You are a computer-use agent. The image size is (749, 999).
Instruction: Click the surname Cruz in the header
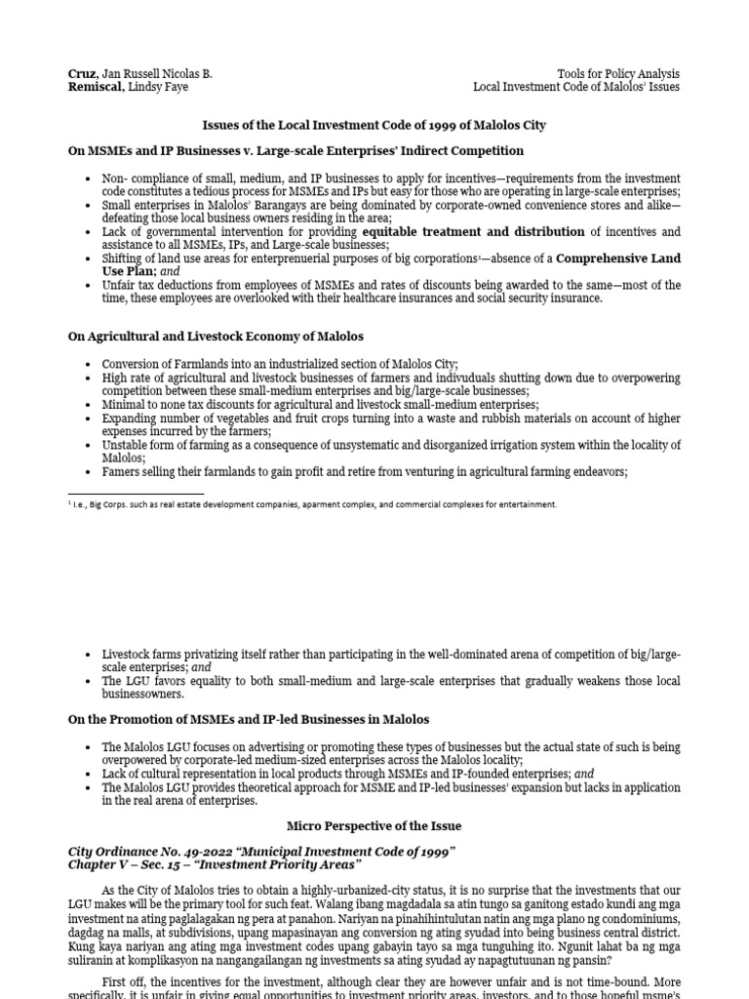click(x=83, y=74)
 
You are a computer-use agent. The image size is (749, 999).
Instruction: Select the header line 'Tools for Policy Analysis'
click(x=617, y=74)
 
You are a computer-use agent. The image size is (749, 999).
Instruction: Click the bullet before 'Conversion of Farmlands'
click(x=89, y=364)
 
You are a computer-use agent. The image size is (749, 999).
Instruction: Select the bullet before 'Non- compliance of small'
click(x=89, y=180)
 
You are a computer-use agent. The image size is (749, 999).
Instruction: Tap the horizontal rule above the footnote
click(x=136, y=494)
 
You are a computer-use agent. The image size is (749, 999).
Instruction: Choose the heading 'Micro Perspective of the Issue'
click(x=374, y=826)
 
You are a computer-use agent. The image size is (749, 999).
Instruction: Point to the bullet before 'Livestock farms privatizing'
click(x=89, y=654)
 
